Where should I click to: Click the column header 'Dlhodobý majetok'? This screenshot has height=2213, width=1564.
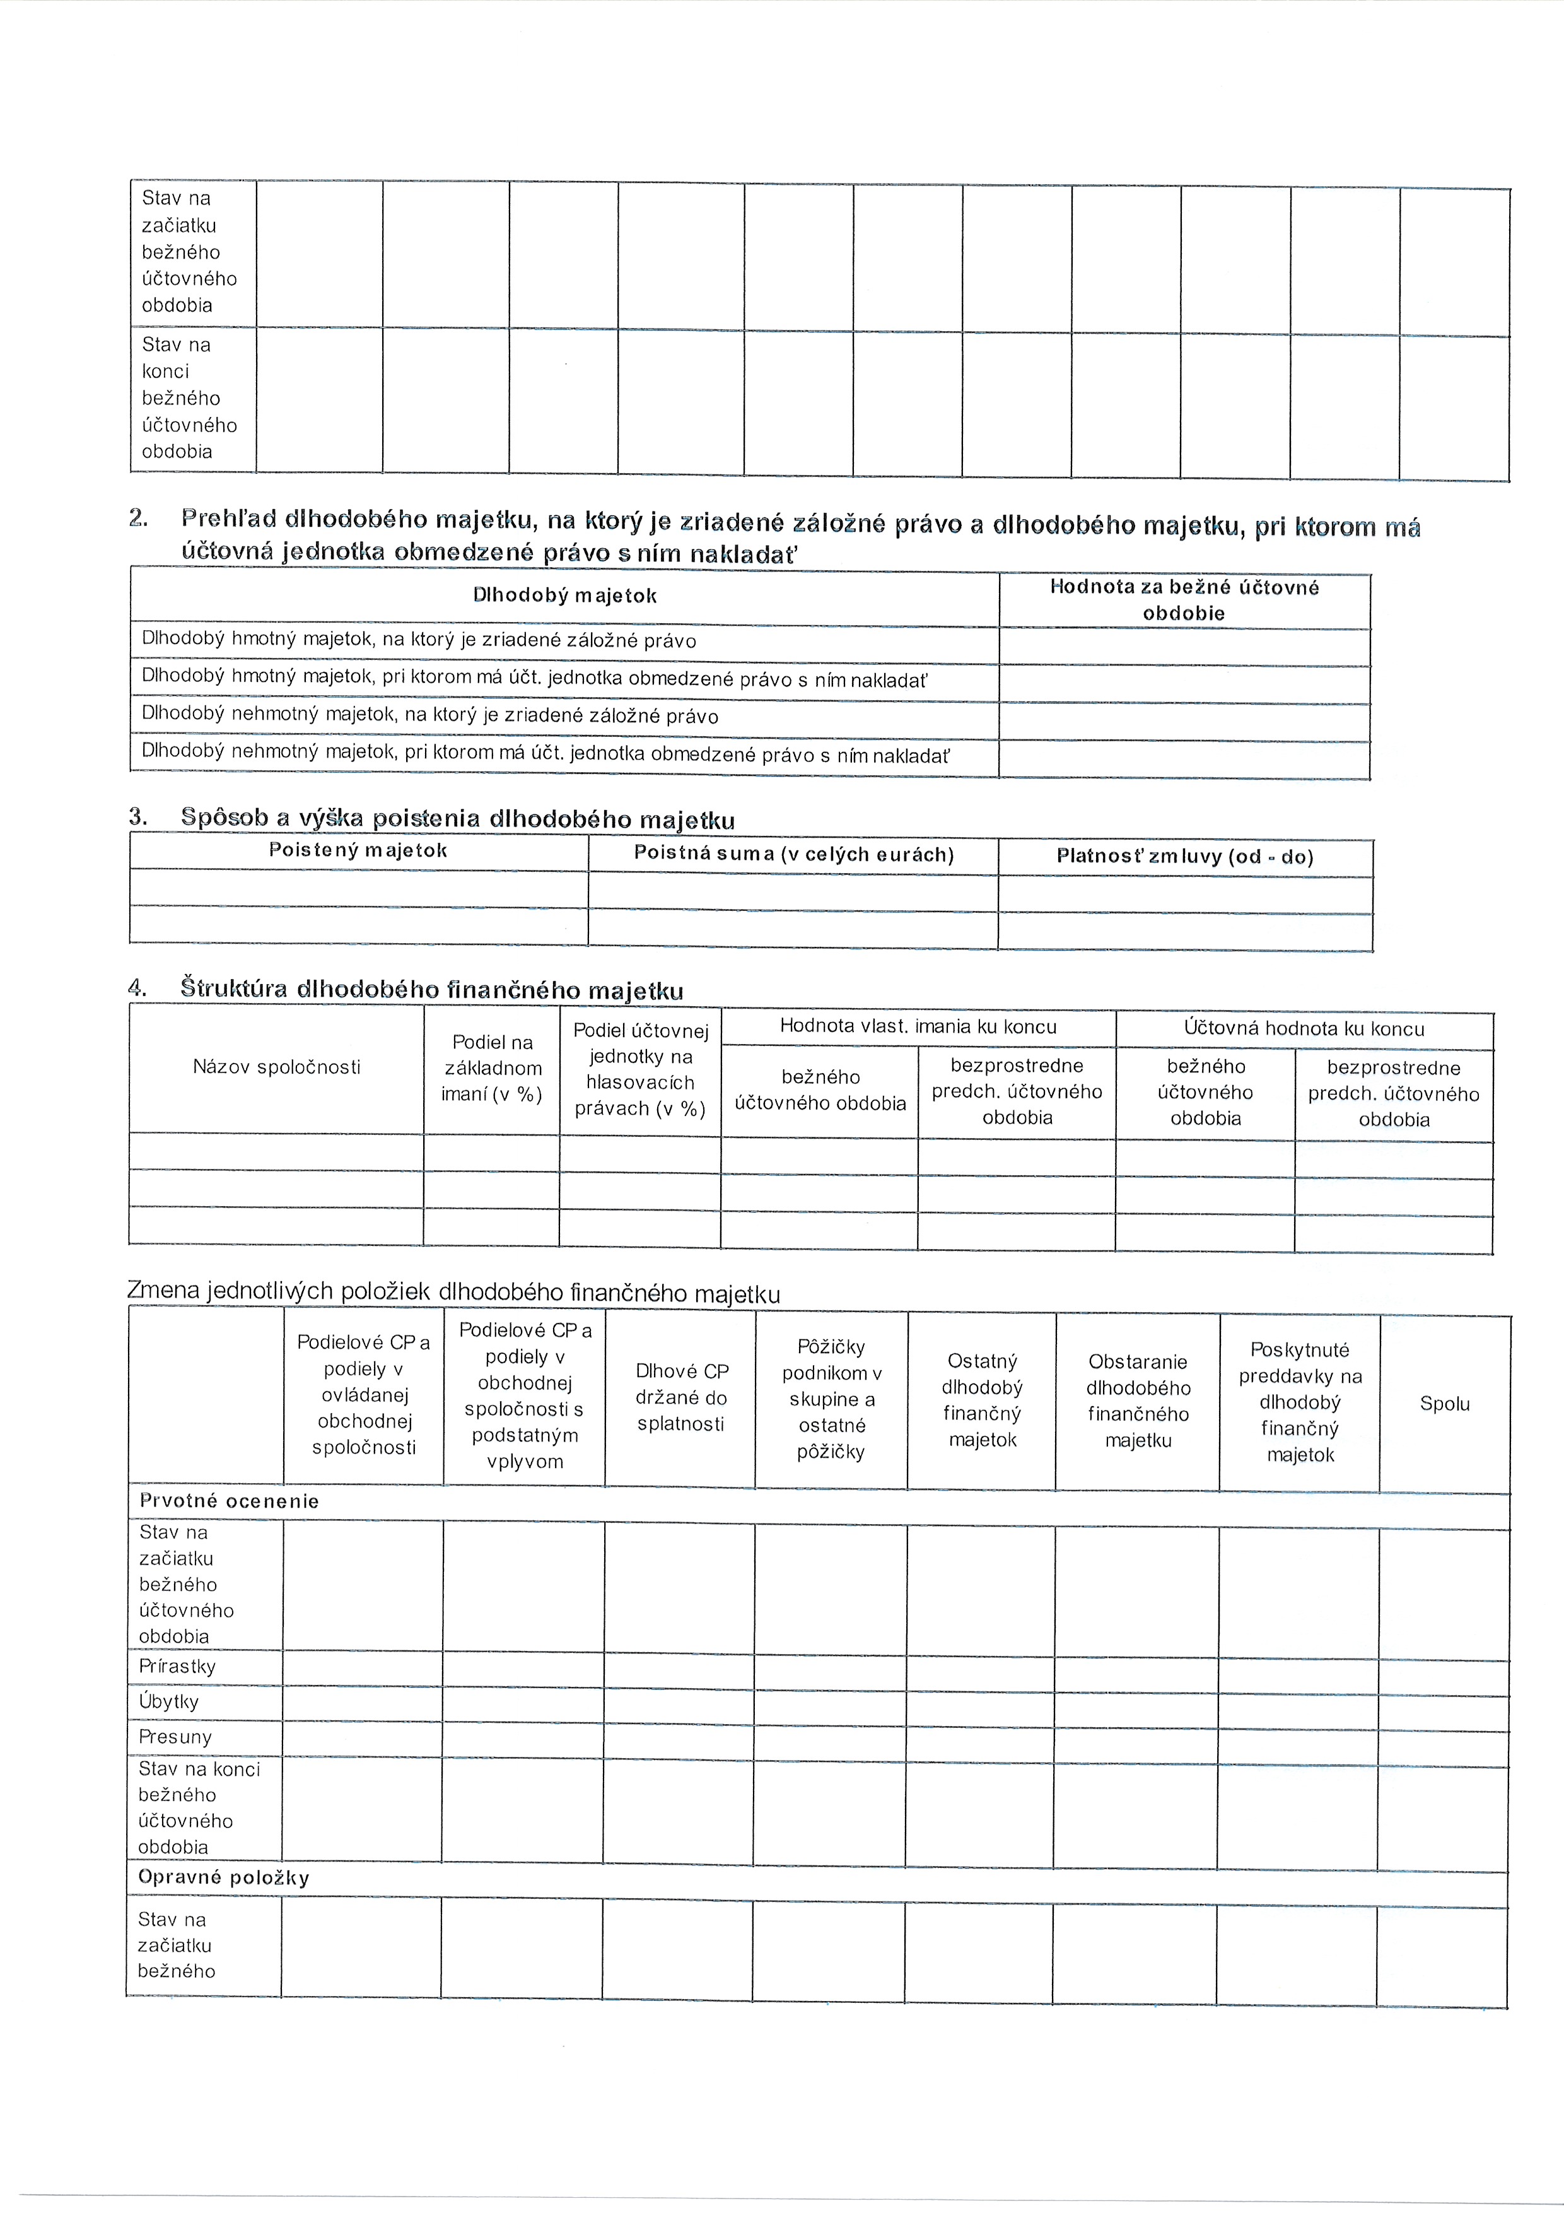(564, 596)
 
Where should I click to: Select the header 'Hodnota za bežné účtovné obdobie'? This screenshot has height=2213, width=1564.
(1184, 599)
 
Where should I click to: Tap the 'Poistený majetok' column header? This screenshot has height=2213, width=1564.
(358, 850)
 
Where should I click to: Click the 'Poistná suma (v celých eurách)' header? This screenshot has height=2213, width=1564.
(793, 854)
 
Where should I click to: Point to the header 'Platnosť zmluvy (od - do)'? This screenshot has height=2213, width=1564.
(1185, 856)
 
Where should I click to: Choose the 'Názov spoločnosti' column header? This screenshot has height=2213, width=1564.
(277, 1067)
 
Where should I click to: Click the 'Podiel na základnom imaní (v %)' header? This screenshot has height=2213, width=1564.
(493, 1068)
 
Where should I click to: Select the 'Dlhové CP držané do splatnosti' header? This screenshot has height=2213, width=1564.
(681, 1397)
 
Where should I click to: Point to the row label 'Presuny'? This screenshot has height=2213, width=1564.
(175, 1737)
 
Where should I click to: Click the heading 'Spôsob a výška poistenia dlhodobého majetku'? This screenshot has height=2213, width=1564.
(458, 819)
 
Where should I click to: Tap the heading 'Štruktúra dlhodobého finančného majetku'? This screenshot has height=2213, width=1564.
(432, 990)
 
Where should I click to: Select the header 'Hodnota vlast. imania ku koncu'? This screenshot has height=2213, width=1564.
(918, 1026)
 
